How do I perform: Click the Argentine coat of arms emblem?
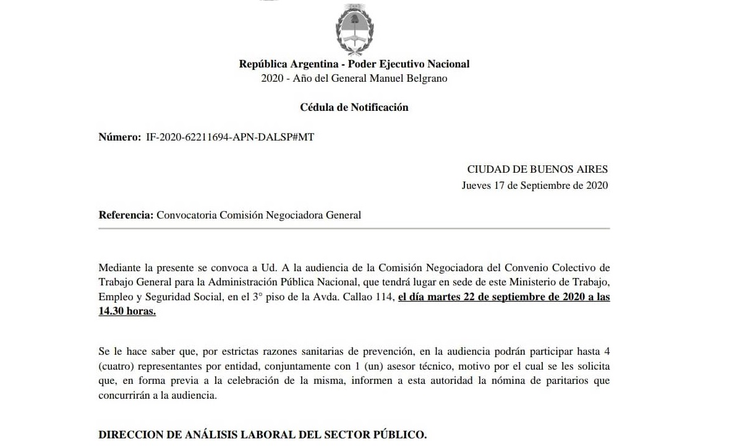click(x=354, y=30)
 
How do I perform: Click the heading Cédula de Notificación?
click(x=354, y=107)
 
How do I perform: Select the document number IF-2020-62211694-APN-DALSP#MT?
click(x=229, y=137)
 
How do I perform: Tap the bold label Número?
click(x=120, y=137)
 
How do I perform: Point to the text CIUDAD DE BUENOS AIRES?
click(x=537, y=169)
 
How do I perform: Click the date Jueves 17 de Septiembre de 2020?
click(x=535, y=185)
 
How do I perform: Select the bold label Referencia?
click(x=126, y=215)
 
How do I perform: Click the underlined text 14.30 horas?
click(x=127, y=311)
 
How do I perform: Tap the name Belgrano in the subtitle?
click(x=427, y=79)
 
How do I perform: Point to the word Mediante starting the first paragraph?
click(x=119, y=267)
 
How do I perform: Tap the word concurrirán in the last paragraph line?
click(x=124, y=396)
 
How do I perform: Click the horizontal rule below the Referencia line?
click(x=354, y=229)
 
